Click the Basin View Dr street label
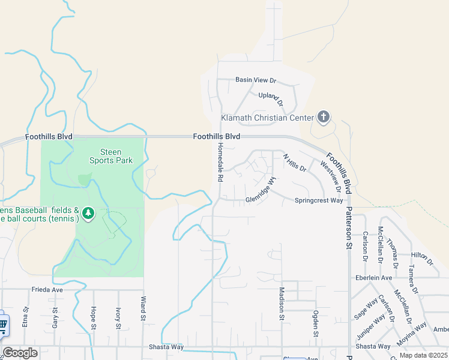(x=255, y=80)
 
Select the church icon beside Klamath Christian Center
(x=324, y=118)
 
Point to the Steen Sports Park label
(x=110, y=156)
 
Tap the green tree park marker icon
(x=89, y=214)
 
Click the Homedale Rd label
(x=220, y=163)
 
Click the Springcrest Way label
(x=319, y=200)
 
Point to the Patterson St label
(x=348, y=229)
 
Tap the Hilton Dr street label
(x=421, y=258)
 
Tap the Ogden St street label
(x=315, y=323)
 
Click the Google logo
(x=20, y=353)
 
